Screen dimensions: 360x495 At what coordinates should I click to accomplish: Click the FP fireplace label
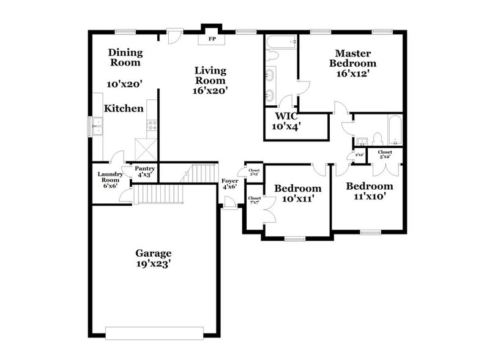(x=213, y=39)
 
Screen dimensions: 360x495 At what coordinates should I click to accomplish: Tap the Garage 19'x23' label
(x=153, y=258)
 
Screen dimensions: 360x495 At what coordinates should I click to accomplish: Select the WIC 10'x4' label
(x=286, y=121)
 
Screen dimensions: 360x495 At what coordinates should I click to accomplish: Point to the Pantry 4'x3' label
(x=145, y=171)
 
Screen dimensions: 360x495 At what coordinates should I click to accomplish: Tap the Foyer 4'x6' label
(x=229, y=184)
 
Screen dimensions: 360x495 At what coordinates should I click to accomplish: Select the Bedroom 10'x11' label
(x=297, y=193)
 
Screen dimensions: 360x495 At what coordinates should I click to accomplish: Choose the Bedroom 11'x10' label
(x=369, y=191)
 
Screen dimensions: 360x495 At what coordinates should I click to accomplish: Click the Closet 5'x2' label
(x=385, y=154)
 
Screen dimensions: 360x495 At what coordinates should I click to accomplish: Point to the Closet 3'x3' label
(x=254, y=172)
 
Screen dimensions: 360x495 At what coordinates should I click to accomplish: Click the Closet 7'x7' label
(x=254, y=200)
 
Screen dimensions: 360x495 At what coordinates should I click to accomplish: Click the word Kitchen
(x=124, y=108)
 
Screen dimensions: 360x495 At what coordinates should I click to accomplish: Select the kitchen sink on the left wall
(x=96, y=126)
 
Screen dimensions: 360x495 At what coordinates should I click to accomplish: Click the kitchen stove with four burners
(x=152, y=126)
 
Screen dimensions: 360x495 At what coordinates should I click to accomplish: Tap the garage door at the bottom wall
(x=154, y=332)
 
